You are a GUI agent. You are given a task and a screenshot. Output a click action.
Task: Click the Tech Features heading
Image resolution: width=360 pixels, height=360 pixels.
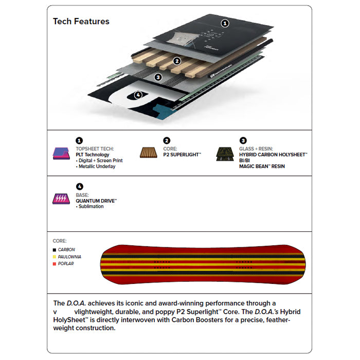[81, 22]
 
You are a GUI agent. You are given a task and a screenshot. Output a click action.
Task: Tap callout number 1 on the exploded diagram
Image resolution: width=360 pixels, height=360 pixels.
[224, 23]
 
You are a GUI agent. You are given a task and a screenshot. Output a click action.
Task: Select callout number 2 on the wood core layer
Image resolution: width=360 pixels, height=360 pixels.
[177, 61]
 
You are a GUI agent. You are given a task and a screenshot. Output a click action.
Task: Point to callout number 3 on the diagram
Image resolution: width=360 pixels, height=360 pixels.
[158, 77]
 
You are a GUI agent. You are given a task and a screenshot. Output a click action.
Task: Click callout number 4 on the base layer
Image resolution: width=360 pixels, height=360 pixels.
[137, 95]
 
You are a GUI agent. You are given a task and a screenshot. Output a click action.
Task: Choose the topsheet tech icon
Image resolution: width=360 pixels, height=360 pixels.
[61, 153]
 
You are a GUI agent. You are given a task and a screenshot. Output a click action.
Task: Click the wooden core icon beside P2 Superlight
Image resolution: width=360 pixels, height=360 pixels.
[149, 153]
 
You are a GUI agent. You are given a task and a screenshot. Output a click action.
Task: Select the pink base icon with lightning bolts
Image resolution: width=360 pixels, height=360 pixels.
[61, 199]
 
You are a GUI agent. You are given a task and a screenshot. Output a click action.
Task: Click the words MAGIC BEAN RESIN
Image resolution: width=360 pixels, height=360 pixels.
[262, 167]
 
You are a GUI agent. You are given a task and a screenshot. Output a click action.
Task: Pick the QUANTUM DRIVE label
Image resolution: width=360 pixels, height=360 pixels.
[96, 201]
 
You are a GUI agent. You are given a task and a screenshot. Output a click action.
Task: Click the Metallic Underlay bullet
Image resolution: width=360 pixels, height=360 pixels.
[97, 167]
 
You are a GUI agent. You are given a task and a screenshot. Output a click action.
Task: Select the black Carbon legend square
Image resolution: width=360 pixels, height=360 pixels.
[55, 249]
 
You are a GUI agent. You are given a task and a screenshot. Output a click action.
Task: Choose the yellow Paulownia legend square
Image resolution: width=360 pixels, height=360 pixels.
[55, 257]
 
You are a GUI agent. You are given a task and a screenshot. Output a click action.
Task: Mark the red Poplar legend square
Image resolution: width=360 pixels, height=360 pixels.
[55, 264]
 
